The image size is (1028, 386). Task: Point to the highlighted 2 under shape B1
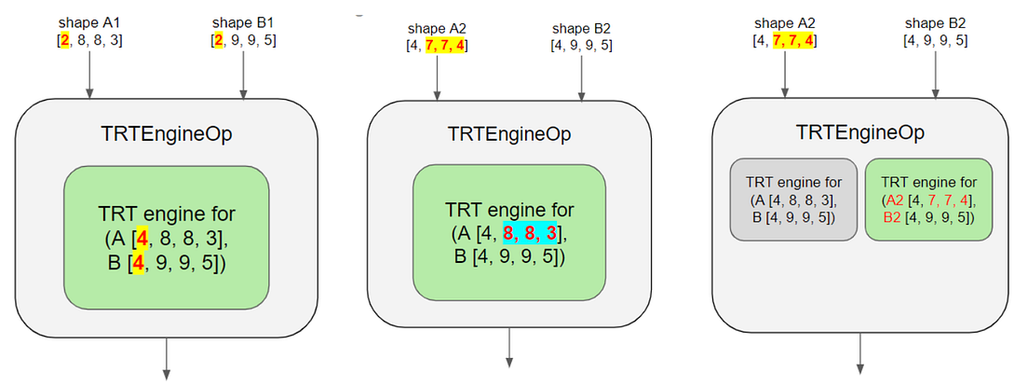coord(217,41)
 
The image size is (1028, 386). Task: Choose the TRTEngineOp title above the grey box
coord(860,132)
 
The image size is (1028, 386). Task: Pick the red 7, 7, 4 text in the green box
coord(945,199)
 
